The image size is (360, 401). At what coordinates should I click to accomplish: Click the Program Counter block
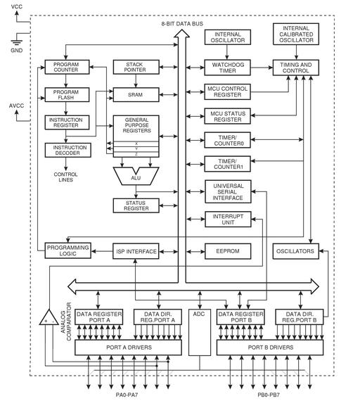[x=67, y=67]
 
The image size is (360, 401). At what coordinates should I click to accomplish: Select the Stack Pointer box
[x=136, y=67]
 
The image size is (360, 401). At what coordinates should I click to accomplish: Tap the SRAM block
[x=136, y=95]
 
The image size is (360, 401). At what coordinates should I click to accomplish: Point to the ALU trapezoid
[x=136, y=176]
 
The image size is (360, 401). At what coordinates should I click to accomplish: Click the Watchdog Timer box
[x=227, y=68]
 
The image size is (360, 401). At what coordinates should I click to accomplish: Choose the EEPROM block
[x=228, y=251]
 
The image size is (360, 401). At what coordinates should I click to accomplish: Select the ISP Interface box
[x=136, y=251]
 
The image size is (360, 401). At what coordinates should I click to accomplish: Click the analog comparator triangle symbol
[x=49, y=317]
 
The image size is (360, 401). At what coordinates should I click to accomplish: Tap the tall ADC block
[x=200, y=332]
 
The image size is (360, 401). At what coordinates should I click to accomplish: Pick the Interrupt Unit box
[x=228, y=219]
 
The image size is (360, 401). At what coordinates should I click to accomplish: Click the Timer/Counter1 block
[x=227, y=164]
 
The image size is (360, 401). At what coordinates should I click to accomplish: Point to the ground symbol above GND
[x=17, y=43]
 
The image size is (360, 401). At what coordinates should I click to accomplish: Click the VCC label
[x=17, y=6]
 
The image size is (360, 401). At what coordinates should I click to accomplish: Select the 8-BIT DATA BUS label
[x=182, y=24]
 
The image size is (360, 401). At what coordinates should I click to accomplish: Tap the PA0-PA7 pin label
[x=127, y=395]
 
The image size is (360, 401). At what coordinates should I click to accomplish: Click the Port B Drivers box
[x=270, y=348]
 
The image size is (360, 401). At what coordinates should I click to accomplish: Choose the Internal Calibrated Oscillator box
[x=296, y=34]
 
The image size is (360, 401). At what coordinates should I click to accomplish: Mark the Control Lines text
[x=65, y=177]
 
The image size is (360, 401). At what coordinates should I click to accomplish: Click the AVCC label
[x=17, y=106]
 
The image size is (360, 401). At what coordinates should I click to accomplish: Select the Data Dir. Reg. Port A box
[x=157, y=317]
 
